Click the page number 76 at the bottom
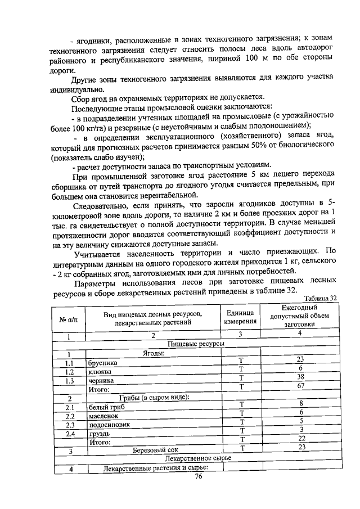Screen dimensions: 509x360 coord(197,476)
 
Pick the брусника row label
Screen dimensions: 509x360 coord(103,363)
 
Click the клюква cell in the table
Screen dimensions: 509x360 coord(100,372)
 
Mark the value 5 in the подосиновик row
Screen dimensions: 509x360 coord(301,421)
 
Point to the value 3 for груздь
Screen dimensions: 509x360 coord(301,429)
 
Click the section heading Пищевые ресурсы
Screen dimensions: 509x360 coord(196,344)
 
